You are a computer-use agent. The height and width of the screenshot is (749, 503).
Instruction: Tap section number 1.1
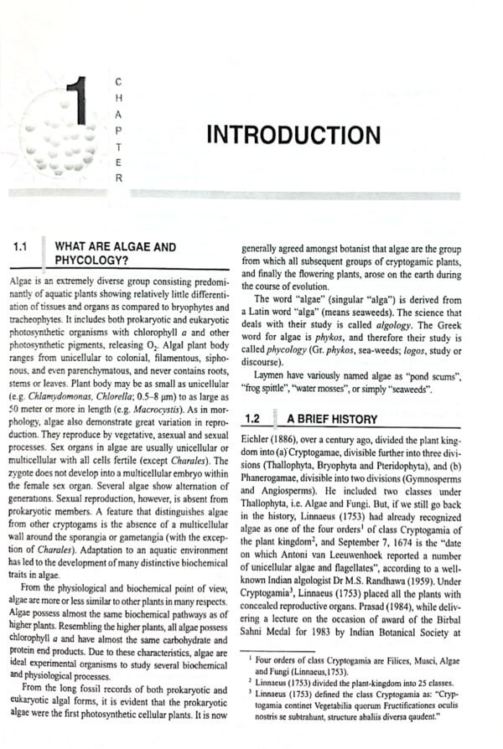pos(23,247)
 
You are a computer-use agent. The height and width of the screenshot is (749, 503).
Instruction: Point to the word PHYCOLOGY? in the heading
pos(91,261)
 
